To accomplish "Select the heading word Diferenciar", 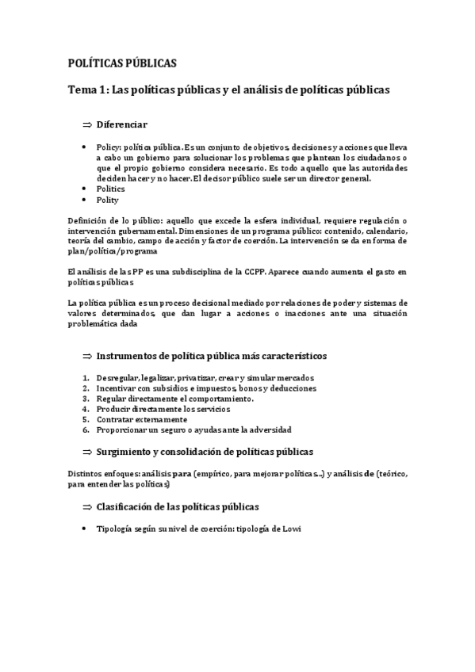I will (121, 125).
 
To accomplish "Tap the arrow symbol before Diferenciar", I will (87, 125).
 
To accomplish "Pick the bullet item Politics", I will (110, 189).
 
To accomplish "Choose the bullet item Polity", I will (107, 200).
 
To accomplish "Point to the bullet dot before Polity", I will (85, 200).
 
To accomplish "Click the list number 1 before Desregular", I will (85, 378).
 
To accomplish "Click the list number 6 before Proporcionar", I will (85, 430).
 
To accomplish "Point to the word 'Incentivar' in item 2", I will (117, 388).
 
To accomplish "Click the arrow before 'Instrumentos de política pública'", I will (87, 356).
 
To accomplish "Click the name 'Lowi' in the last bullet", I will (294, 529).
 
